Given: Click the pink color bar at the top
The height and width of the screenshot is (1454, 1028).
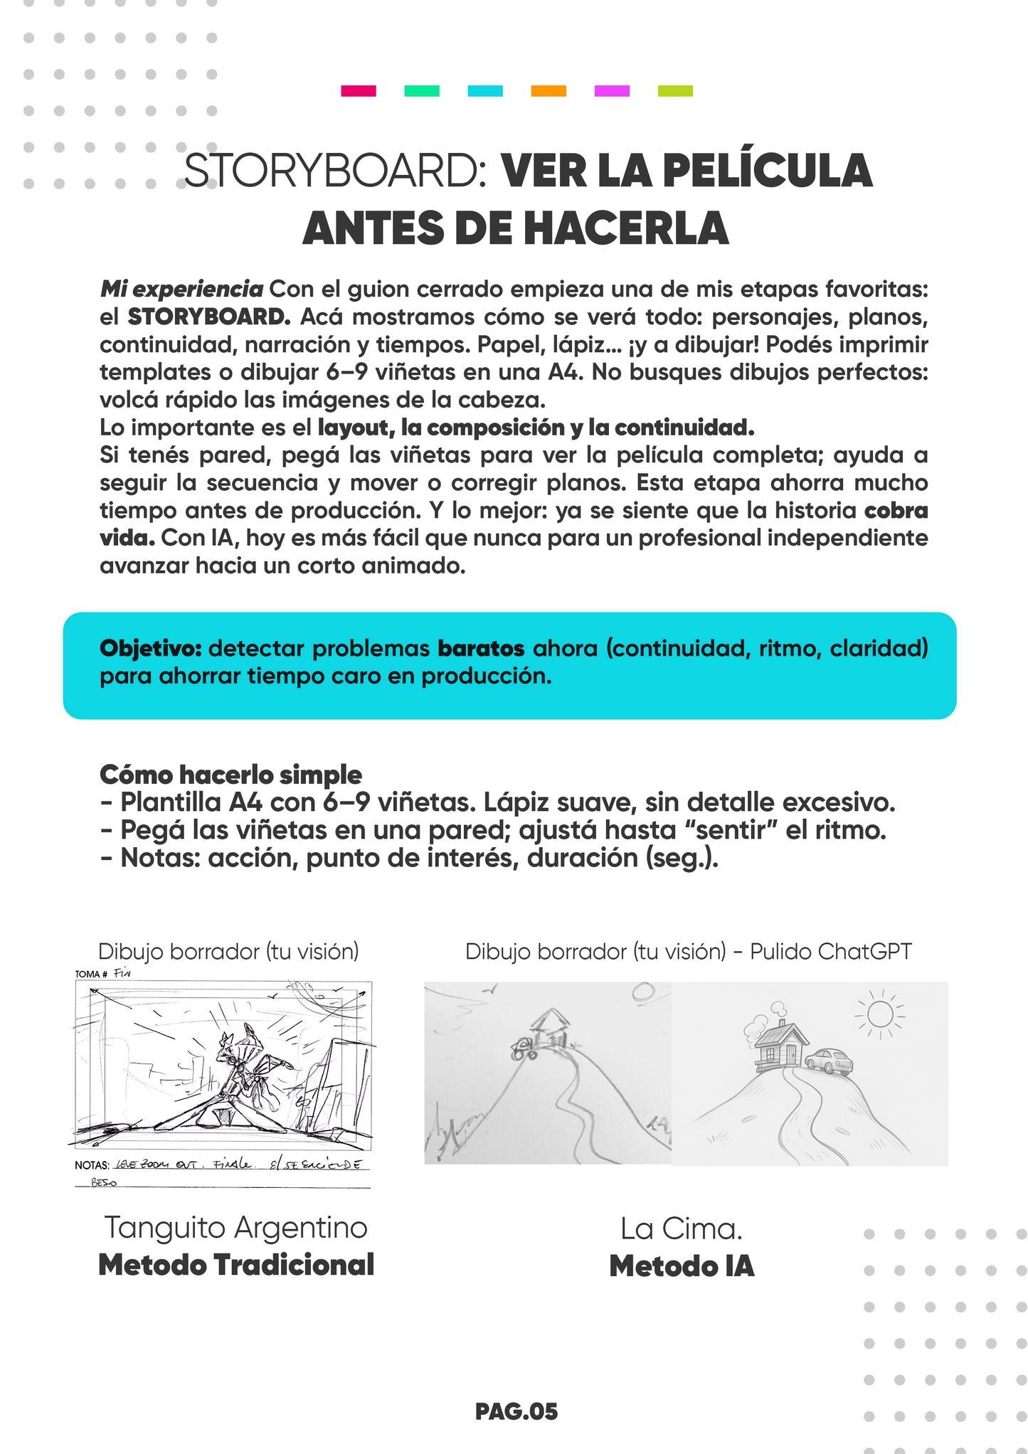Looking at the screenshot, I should pyautogui.click(x=358, y=91).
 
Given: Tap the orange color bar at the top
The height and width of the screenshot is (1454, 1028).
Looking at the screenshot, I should pyautogui.click(x=549, y=91).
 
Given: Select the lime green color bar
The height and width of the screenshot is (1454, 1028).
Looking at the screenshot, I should pyautogui.click(x=675, y=91).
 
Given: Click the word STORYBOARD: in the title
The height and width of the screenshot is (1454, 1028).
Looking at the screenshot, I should pyautogui.click(x=334, y=171).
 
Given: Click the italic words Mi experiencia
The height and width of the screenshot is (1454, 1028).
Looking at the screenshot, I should pyautogui.click(x=181, y=290).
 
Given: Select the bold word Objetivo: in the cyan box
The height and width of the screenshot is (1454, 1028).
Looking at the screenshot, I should pyautogui.click(x=151, y=649).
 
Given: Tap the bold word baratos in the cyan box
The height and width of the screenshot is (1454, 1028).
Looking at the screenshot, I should pyautogui.click(x=481, y=649).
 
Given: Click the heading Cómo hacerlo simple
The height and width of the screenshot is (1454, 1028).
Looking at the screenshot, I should pyautogui.click(x=230, y=774).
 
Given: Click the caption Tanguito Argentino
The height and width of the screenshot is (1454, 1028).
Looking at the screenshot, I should pyautogui.click(x=235, y=1228).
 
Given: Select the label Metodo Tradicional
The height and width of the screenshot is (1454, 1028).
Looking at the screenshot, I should pyautogui.click(x=235, y=1265).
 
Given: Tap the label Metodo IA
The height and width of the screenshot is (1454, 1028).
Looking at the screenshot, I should pyautogui.click(x=682, y=1266).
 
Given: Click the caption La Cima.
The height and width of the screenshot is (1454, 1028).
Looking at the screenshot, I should pyautogui.click(x=682, y=1229).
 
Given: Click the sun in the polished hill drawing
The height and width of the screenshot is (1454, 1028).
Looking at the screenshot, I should pyautogui.click(x=880, y=1014).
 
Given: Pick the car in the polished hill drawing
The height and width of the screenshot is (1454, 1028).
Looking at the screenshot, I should pyautogui.click(x=829, y=1061).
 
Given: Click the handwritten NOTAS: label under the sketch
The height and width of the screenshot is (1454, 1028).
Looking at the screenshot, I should pyautogui.click(x=92, y=1165).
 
